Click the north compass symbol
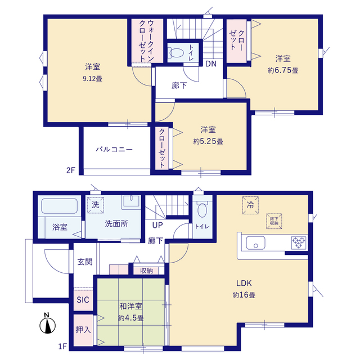tap(47, 323)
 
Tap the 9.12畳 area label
tap(92, 79)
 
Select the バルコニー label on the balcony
tap(114, 150)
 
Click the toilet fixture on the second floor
tap(176, 53)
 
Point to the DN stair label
tap(211, 64)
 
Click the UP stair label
tap(157, 225)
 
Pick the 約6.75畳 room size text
tap(283, 70)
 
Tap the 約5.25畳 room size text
tap(208, 141)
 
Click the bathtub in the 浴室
tap(59, 206)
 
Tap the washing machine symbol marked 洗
tap(95, 205)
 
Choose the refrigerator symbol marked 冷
tap(250, 205)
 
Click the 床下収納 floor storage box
tap(274, 221)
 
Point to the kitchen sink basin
tap(255, 242)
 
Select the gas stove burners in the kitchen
tap(299, 242)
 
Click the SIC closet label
tap(83, 300)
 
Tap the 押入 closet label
tap(83, 330)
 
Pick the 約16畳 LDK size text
tap(244, 295)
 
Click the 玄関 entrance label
tap(85, 262)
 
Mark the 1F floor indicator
tap(62, 346)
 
